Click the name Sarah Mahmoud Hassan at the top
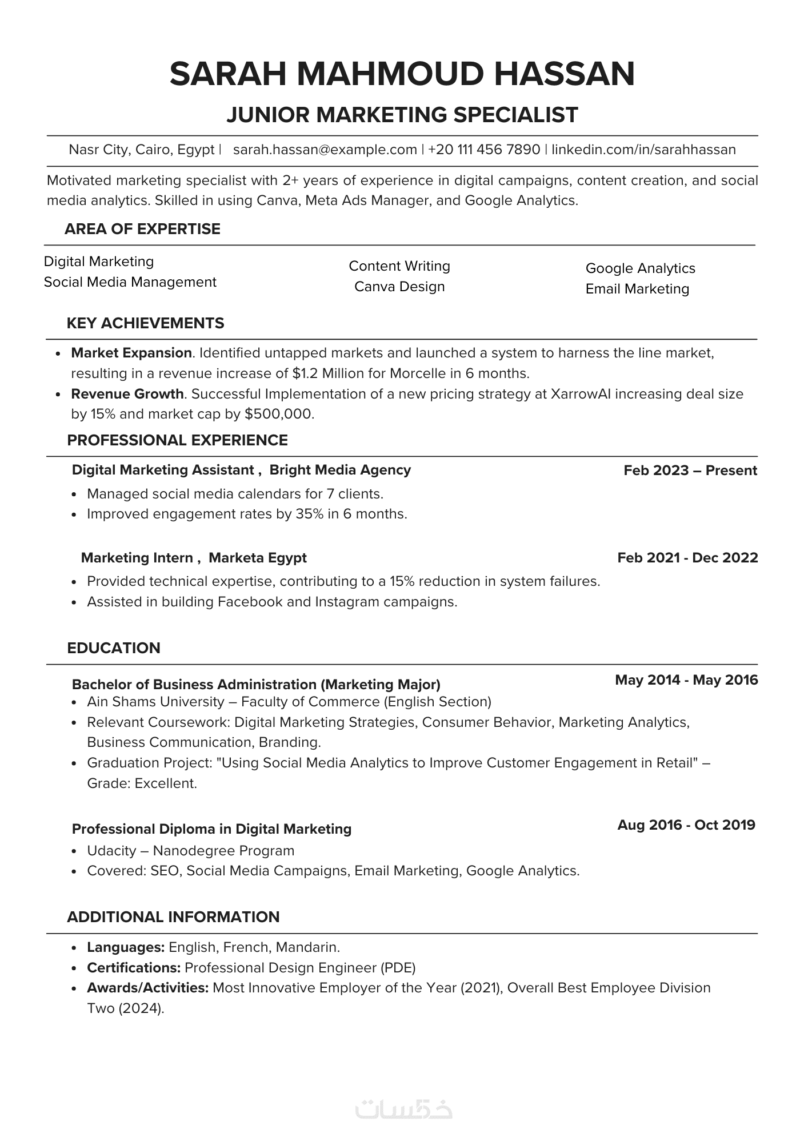[402, 74]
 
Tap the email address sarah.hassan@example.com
[325, 150]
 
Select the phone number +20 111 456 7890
[484, 150]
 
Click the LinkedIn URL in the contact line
[643, 150]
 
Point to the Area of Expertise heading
[142, 229]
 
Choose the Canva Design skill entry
[399, 287]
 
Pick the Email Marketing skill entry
[637, 289]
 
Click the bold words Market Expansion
[131, 353]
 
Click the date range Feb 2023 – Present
[690, 471]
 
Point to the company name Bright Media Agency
[340, 470]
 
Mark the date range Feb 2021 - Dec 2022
[687, 558]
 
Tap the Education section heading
[114, 648]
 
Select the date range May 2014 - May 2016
[686, 680]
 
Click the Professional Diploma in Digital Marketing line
[211, 829]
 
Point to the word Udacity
[111, 851]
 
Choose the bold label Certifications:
[134, 968]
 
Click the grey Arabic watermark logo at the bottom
[403, 1109]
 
